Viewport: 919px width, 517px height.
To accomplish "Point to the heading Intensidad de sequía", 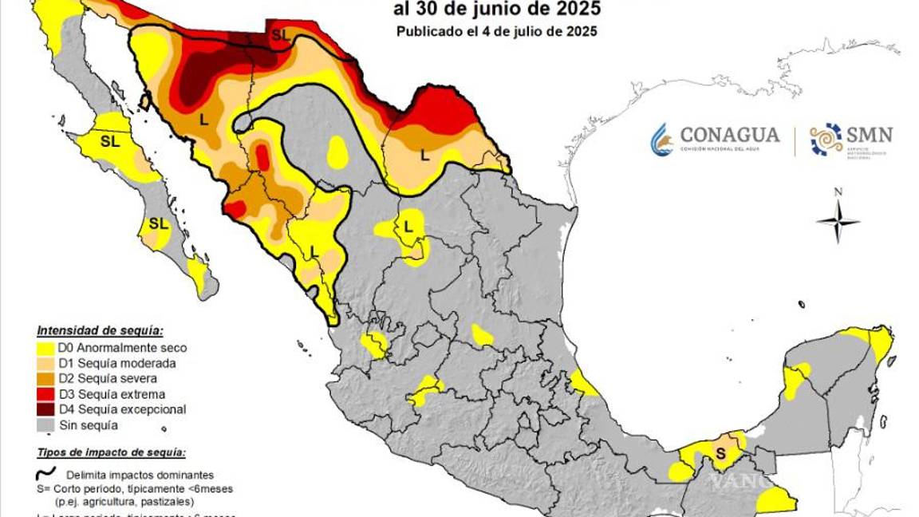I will [101, 330].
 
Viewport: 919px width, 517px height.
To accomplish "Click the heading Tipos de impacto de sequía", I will [111, 452].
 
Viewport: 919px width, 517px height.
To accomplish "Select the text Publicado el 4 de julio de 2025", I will [497, 32].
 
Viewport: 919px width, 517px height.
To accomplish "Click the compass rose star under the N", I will [838, 221].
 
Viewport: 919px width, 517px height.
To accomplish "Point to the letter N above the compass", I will [838, 191].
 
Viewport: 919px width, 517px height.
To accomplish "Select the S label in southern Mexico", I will [720, 453].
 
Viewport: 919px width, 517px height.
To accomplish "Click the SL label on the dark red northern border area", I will [280, 34].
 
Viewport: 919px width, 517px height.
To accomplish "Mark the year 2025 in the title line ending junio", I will [574, 10].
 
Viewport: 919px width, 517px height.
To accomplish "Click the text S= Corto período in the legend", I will [88, 488].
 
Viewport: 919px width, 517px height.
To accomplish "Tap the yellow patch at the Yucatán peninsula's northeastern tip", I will [878, 341].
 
